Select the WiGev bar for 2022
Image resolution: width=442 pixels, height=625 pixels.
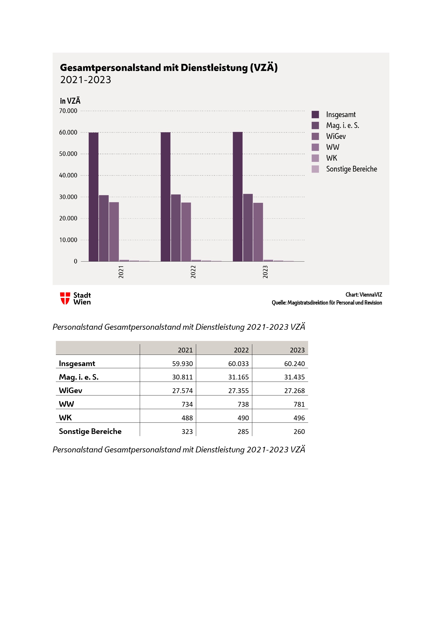point(186,232)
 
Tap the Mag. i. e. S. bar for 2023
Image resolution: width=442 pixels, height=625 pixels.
point(248,228)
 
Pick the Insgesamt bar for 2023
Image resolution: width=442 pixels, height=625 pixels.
point(238,197)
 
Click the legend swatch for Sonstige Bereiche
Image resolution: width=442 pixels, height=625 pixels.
point(315,169)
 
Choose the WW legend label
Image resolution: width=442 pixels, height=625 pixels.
point(333,147)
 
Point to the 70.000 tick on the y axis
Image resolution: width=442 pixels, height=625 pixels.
point(68,111)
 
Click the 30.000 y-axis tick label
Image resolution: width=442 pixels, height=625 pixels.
point(68,197)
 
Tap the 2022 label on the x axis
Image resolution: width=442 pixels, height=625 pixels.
point(193,272)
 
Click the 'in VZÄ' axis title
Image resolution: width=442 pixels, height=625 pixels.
point(70,101)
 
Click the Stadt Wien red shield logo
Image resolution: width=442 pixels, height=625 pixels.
point(65,298)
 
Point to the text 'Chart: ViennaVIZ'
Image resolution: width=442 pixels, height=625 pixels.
point(364,294)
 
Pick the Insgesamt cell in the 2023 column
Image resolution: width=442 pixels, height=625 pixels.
point(294,364)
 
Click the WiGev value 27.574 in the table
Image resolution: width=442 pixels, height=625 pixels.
point(182,391)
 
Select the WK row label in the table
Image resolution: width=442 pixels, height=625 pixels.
point(65,418)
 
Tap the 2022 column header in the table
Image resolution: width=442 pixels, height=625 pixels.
point(241,350)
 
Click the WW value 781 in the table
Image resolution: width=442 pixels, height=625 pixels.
point(299,404)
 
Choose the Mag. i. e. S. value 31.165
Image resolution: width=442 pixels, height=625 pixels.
point(238,377)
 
